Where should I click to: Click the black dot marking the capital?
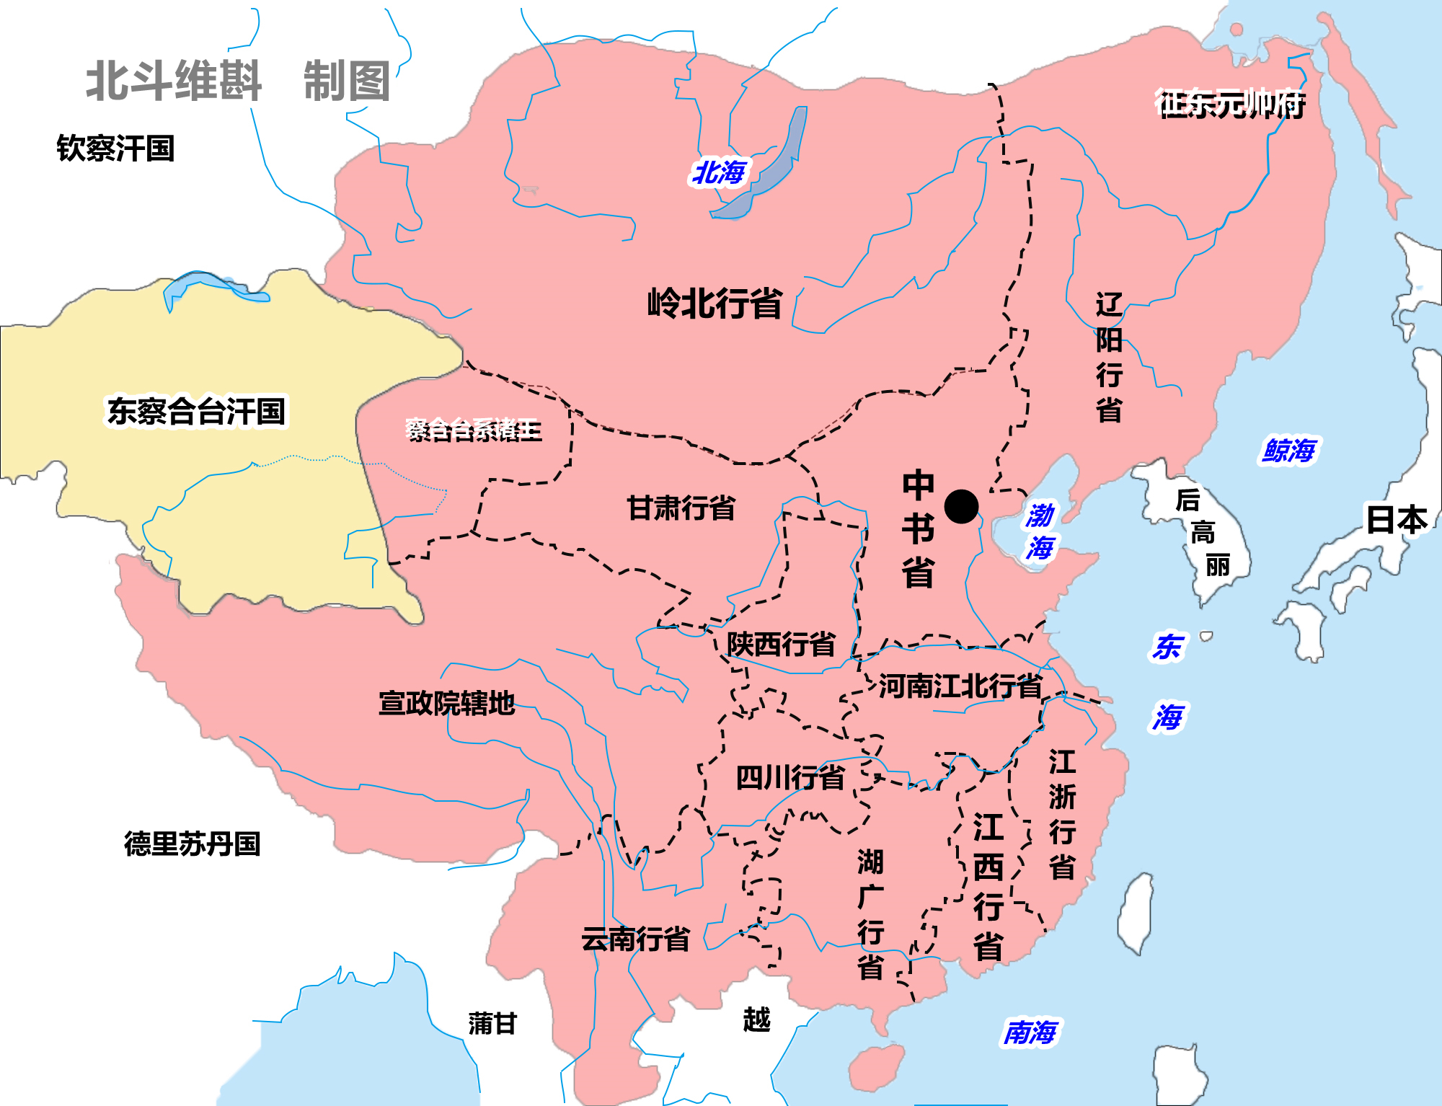(961, 507)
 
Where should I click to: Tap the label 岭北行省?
(715, 303)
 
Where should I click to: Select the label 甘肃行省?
(681, 508)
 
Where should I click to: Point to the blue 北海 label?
(719, 172)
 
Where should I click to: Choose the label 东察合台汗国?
(196, 411)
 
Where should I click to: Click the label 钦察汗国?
(115, 149)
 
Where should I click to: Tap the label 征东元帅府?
(1230, 104)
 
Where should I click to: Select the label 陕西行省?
(781, 644)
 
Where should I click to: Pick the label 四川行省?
(790, 778)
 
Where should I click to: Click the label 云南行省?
(636, 939)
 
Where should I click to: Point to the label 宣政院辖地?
(446, 703)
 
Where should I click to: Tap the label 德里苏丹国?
(192, 844)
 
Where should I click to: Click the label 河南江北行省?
(960, 686)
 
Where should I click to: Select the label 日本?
(1397, 519)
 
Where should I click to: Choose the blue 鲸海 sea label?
(1288, 451)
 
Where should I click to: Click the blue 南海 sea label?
(1030, 1032)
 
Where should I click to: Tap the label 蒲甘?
(492, 1023)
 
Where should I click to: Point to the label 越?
(756, 1019)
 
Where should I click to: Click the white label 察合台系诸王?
(473, 430)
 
